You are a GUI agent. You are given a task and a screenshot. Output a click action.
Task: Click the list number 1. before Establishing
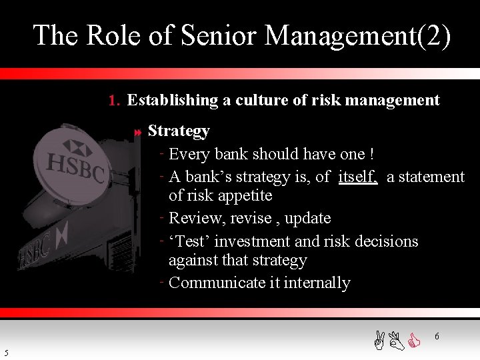click(114, 101)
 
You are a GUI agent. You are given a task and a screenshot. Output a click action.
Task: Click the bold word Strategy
click(179, 131)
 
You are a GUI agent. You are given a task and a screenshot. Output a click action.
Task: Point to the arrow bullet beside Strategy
click(138, 133)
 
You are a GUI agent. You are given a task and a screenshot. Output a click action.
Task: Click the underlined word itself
click(358, 177)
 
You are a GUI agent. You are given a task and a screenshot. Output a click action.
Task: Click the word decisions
click(381, 241)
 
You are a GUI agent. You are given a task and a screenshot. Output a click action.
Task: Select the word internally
click(317, 283)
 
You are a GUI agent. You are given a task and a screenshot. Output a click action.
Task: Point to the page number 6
click(437, 337)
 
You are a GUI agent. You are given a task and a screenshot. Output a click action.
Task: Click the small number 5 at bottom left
click(6, 353)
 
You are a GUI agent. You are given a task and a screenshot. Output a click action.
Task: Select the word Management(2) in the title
click(357, 35)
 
